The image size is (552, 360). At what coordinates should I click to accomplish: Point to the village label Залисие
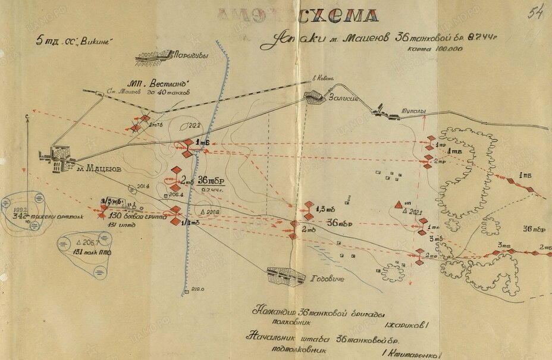342,99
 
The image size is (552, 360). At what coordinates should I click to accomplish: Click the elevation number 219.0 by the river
198,290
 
